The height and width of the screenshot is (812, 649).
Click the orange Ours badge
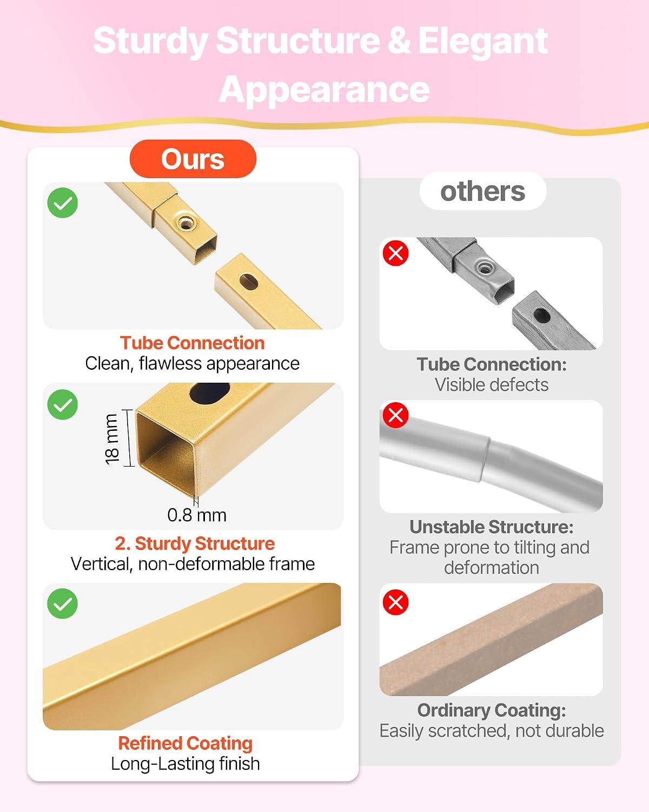193,159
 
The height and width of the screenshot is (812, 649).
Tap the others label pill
483,191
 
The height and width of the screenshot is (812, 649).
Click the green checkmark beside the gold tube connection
63,202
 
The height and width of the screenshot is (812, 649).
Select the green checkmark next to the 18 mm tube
63,404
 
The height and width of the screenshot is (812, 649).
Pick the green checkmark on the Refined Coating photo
63,604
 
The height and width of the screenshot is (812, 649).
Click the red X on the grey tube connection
395,253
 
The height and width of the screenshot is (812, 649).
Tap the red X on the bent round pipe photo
395,415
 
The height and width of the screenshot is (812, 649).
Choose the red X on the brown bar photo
395,602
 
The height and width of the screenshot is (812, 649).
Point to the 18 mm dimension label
111,439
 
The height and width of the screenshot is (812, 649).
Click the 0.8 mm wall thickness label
197,515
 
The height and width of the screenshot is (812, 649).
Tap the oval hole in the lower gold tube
249,282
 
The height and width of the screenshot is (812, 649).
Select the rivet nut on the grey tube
484,269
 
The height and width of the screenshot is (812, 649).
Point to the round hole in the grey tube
542,316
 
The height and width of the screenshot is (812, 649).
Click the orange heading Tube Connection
193,343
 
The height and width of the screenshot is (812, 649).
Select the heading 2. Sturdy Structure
195,543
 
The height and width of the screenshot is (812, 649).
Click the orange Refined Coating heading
185,743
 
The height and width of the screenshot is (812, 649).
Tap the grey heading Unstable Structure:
492,527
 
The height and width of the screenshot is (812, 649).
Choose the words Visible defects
492,385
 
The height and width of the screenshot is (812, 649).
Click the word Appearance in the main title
325,89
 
